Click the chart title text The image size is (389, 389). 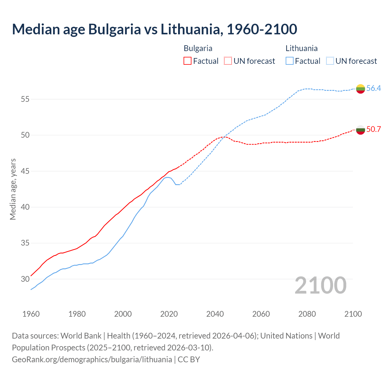pyautogui.click(x=154, y=29)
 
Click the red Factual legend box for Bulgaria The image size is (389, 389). pyautogui.click(x=188, y=61)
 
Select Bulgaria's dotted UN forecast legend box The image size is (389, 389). pyautogui.click(x=228, y=61)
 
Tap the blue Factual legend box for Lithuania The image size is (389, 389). pyautogui.click(x=290, y=61)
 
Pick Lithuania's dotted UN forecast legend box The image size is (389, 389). pyautogui.click(x=330, y=61)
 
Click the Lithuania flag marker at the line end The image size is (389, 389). pyautogui.click(x=360, y=89)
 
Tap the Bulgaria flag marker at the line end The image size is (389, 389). pyautogui.click(x=360, y=130)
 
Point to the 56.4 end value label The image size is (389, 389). pyautogui.click(x=374, y=88)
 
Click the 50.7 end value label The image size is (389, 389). pyautogui.click(x=374, y=129)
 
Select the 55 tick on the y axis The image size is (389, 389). pyautogui.click(x=25, y=99)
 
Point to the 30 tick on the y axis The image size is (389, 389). pyautogui.click(x=25, y=279)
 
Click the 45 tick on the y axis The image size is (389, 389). pyautogui.click(x=25, y=171)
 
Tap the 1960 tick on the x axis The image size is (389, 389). pyautogui.click(x=31, y=314)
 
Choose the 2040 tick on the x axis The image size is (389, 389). pyautogui.click(x=215, y=314)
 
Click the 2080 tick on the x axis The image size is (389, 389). pyautogui.click(x=307, y=314)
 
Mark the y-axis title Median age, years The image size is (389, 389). pyautogui.click(x=13, y=189)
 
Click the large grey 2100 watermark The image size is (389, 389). pyautogui.click(x=320, y=285)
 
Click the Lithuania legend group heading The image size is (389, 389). pyautogui.click(x=301, y=48)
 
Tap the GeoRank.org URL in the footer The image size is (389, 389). pyautogui.click(x=92, y=360)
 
